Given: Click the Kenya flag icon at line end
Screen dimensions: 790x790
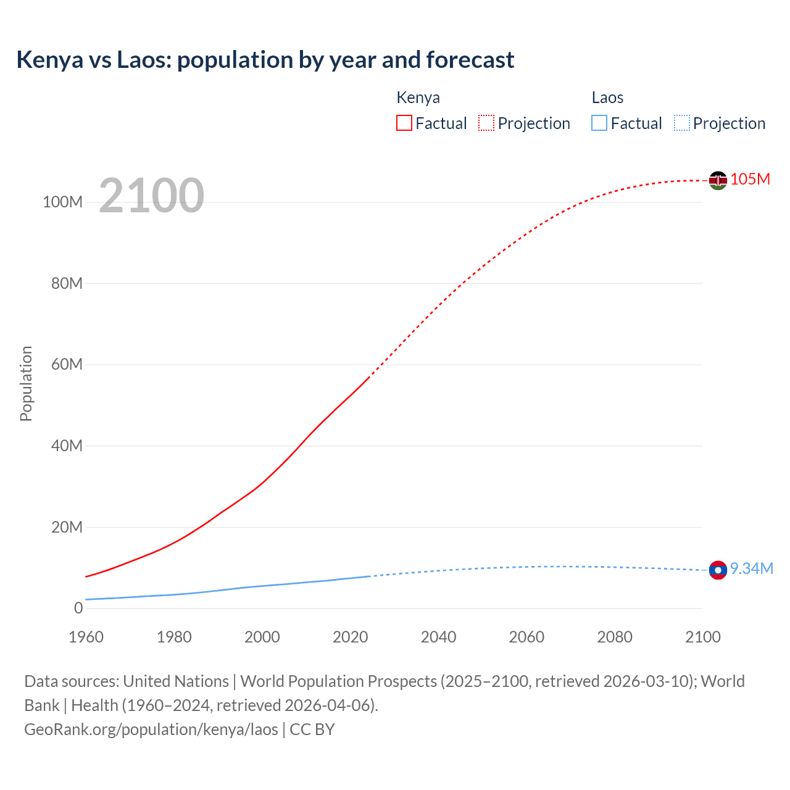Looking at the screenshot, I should pos(718,180).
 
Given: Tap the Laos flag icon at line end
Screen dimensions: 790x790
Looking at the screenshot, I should pos(718,570).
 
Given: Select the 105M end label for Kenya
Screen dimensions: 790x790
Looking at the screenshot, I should pos(750,179).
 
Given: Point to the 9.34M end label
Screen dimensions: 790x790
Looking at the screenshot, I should pos(751,568).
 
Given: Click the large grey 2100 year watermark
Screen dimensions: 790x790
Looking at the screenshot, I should pos(151,196).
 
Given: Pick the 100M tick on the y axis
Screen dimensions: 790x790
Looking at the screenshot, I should pos(62,202).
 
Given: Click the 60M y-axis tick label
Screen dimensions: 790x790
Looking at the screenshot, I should pos(67,364).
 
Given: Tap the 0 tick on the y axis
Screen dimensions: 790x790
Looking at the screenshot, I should pos(78,608).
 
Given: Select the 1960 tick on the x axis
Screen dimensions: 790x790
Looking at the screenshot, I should pos(86,637).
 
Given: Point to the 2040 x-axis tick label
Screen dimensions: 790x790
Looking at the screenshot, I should pos(438,637).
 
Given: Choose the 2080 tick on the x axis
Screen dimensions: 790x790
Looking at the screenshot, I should pos(615,637).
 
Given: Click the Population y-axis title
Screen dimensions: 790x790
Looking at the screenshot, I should pos(26,383).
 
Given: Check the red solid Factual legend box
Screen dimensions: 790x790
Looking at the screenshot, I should pos(404,123).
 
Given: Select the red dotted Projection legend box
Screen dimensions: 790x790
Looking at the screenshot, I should pos(486,123).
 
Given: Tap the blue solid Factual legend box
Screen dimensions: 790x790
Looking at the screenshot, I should pos(599,123).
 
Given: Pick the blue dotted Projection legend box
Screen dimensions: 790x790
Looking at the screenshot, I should pos(682,123).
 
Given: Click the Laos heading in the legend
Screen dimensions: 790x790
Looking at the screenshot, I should pos(607,98).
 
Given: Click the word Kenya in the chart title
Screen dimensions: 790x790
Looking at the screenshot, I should pos(49,60).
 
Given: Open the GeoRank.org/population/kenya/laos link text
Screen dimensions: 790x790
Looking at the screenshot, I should pos(151,729).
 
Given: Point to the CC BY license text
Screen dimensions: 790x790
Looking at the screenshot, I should pos(312,729).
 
